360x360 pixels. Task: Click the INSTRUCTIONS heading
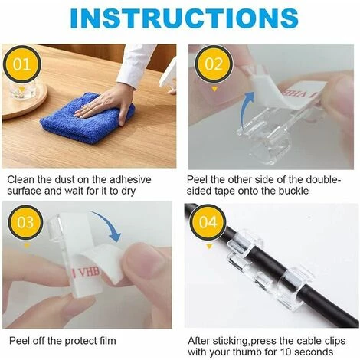click(184, 18)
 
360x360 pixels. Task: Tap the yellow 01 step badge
click(21, 64)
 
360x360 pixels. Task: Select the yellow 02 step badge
click(214, 64)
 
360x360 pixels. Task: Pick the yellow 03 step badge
click(25, 222)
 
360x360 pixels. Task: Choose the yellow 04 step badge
click(208, 222)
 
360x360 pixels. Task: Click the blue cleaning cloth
click(87, 119)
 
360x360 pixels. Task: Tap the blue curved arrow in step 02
click(246, 106)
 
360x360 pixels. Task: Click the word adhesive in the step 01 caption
click(130, 180)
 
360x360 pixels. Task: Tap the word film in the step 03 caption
click(107, 341)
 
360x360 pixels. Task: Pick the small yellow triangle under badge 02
click(214, 89)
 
